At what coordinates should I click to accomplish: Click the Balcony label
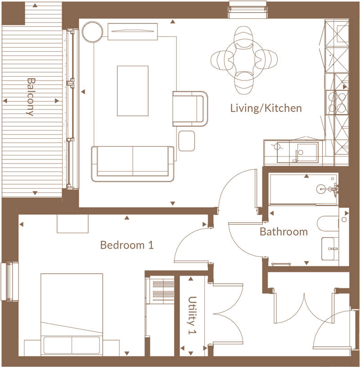click(31, 97)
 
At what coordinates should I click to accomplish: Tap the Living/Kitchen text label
click(265, 109)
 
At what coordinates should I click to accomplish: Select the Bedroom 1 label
click(127, 245)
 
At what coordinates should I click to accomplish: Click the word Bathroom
click(283, 232)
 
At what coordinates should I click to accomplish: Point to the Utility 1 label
click(193, 315)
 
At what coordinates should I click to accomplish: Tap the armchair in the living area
click(189, 109)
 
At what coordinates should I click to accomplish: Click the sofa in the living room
click(133, 163)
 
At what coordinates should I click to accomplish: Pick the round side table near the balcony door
click(93, 32)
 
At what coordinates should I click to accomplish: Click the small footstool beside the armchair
click(186, 140)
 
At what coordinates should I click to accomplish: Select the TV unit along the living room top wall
click(133, 32)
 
